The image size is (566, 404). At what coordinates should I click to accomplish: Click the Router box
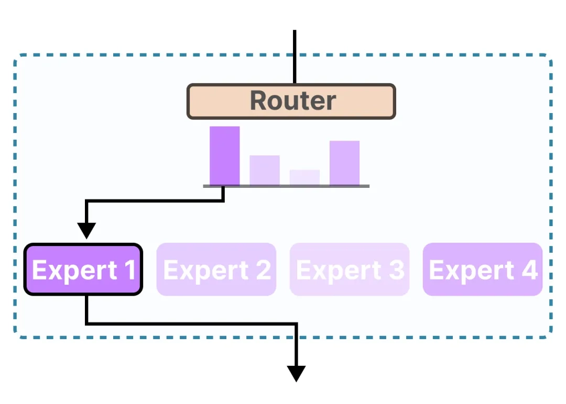[291, 102]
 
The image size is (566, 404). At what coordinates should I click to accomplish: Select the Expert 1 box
[83, 270]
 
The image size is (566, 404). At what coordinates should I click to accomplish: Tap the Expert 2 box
[216, 270]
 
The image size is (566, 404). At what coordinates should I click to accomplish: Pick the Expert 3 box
[350, 270]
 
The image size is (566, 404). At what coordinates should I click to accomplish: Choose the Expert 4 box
[483, 270]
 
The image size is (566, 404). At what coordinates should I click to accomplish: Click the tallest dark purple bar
[224, 155]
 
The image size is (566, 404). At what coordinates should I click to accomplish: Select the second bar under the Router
[265, 170]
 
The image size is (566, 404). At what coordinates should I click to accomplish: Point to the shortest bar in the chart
[304, 177]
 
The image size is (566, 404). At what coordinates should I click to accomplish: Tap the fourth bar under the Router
[344, 163]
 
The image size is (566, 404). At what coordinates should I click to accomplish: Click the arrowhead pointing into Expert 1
[86, 230]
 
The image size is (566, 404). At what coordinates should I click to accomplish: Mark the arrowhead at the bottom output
[296, 373]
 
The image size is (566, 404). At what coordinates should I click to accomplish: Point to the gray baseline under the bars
[286, 186]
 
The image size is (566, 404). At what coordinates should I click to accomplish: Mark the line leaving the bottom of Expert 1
[86, 310]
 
